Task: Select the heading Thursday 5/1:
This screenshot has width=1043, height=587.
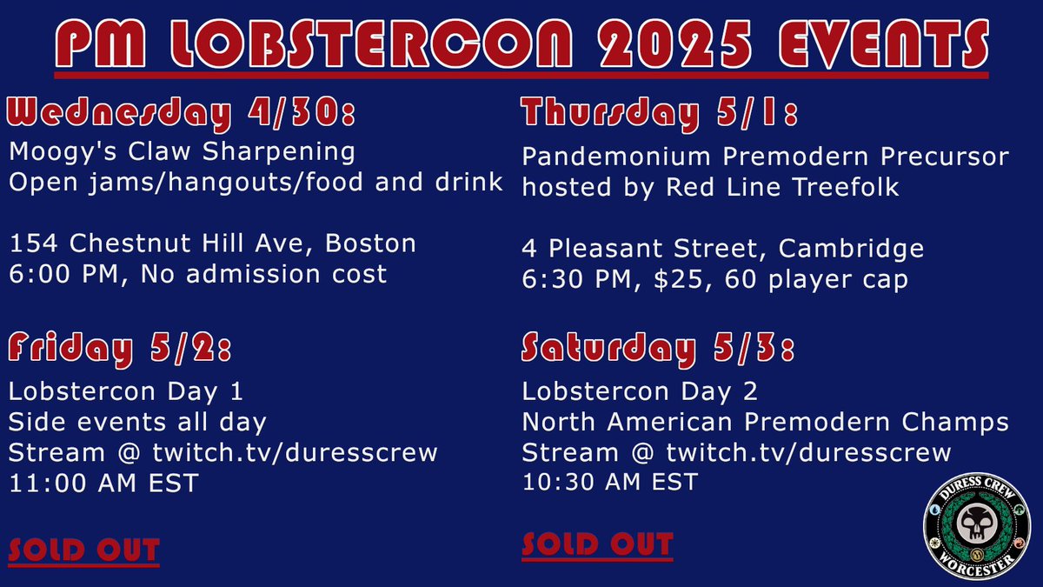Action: point(660,115)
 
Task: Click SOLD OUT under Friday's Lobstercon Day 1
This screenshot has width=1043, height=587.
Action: point(84,550)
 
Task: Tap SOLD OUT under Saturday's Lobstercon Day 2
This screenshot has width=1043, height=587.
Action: point(597,545)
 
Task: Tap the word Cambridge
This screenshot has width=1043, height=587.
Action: point(852,249)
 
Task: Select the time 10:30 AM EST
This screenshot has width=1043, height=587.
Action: point(610,481)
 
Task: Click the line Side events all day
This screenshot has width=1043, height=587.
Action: point(137,423)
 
